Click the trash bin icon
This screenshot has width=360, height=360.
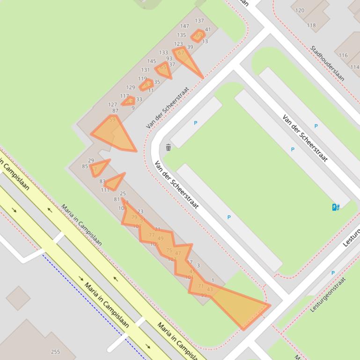168,148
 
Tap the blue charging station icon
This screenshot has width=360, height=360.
335,207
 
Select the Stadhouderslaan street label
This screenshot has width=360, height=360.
327,63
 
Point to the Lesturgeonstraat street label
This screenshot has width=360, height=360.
328,295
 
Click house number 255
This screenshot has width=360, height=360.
55,352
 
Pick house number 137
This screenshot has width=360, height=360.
199,21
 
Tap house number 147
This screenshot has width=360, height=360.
184,26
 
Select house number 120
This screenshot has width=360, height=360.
300,10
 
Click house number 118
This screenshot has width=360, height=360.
311,26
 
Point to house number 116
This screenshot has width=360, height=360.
343,55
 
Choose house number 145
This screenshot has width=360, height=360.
151,61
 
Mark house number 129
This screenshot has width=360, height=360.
131,87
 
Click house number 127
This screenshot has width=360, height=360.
112,105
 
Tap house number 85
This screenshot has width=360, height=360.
85,166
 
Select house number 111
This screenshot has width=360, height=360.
105,190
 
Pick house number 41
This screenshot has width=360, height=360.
208,29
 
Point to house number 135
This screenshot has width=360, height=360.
181,35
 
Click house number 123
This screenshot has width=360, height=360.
178,44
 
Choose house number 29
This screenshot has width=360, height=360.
91,160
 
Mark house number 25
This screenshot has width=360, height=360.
123,194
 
